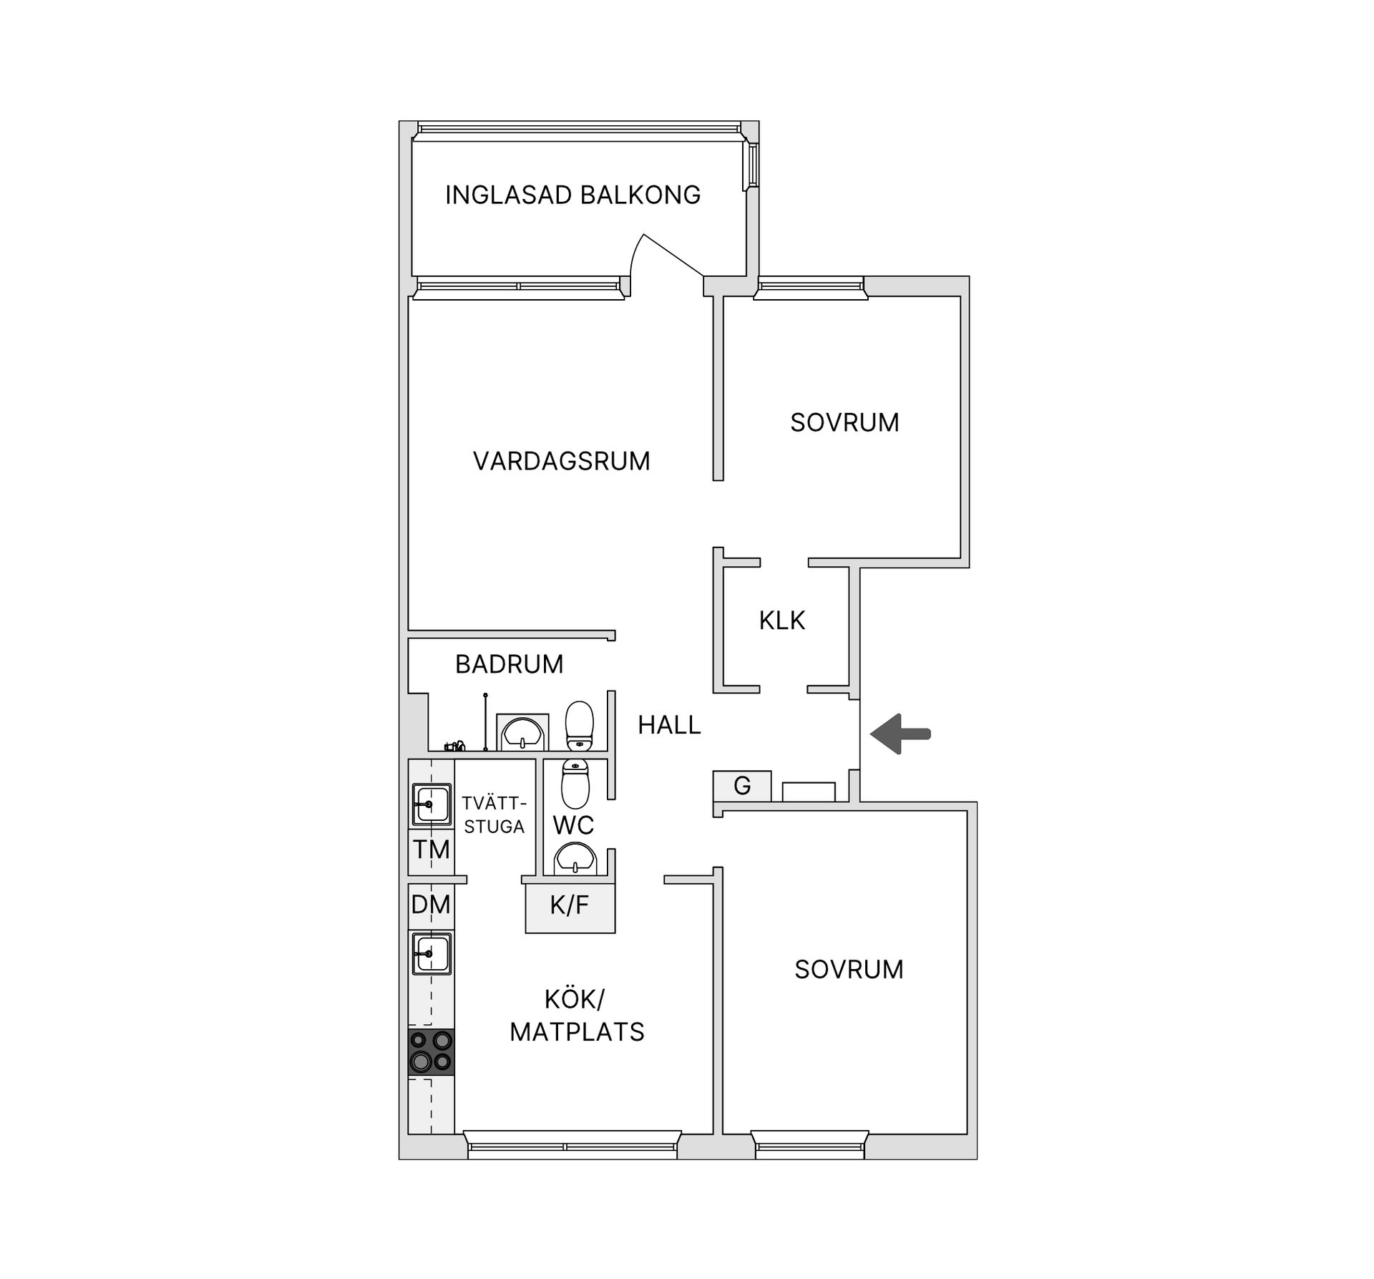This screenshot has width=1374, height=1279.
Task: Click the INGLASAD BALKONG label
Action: click(572, 195)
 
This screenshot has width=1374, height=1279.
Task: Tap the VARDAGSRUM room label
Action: click(561, 461)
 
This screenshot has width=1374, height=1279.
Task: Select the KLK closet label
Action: click(781, 620)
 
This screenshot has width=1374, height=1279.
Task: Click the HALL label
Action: click(669, 725)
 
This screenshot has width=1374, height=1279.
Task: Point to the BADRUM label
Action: click(510, 664)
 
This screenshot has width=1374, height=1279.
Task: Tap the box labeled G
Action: click(742, 786)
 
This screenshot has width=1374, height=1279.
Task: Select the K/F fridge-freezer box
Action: click(570, 907)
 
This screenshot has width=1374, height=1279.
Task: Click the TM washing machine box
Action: click(431, 850)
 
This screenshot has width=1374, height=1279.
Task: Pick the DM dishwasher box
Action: click(431, 905)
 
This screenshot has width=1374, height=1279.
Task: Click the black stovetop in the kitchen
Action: click(431, 1051)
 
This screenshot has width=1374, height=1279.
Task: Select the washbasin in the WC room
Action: click(575, 858)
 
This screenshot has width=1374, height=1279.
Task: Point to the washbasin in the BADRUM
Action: click(522, 732)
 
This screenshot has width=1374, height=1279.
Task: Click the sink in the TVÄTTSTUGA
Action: click(431, 804)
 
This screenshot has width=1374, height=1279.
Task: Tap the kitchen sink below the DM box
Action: click(431, 953)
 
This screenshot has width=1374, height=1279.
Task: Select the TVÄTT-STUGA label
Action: click(494, 814)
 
